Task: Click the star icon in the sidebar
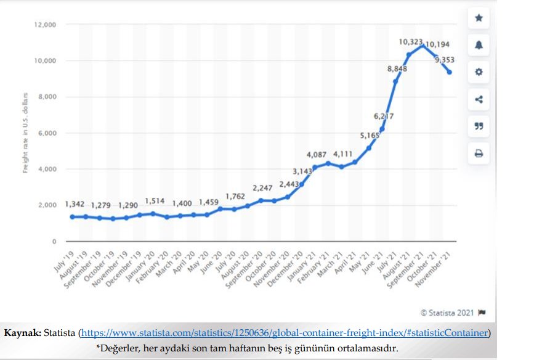pos(479,18)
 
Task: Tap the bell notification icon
pos(479,46)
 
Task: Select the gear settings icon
pos(479,72)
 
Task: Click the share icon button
pos(479,100)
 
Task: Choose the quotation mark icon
pos(479,126)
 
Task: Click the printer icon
pos(479,153)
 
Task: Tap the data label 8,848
pos(397,69)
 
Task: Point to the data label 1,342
pos(74,204)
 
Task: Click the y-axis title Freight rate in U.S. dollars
pos(26,133)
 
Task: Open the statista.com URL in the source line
pos(285,333)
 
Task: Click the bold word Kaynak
pos(23,333)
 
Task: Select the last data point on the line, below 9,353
pos(450,72)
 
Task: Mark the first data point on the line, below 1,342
pos(73,217)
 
